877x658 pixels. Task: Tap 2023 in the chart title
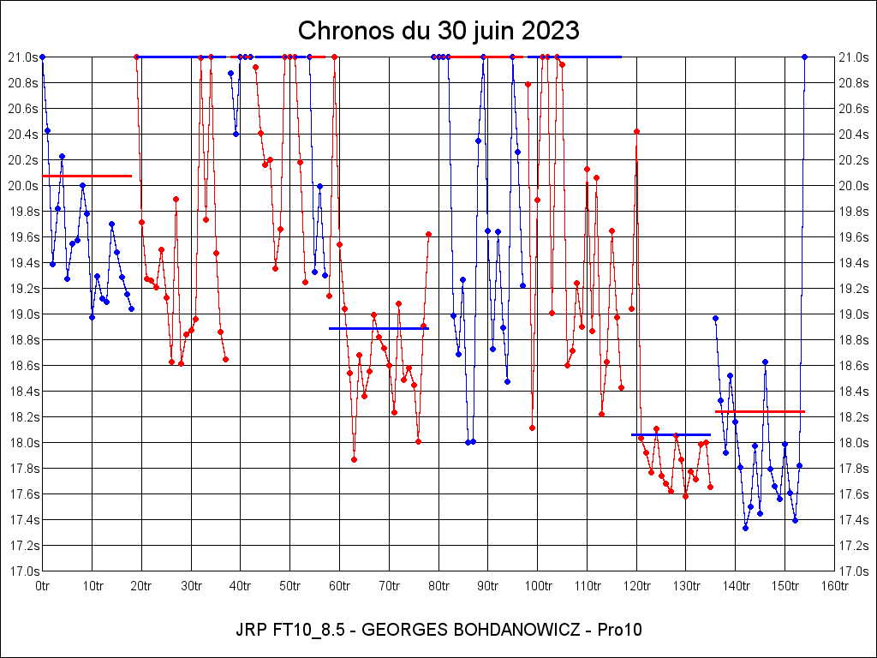(x=548, y=31)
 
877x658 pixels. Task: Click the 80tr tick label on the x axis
(x=439, y=586)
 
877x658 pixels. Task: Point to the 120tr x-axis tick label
(x=637, y=586)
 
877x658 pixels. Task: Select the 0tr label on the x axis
(x=43, y=586)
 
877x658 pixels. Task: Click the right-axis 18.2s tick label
(x=855, y=417)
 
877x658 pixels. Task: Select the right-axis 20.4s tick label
(x=855, y=135)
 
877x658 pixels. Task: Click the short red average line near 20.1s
(x=87, y=176)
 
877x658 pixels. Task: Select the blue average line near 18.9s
(x=379, y=328)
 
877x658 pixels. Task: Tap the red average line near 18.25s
(x=760, y=412)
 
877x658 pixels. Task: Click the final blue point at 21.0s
(x=804, y=57)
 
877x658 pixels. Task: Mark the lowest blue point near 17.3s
(x=745, y=528)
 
